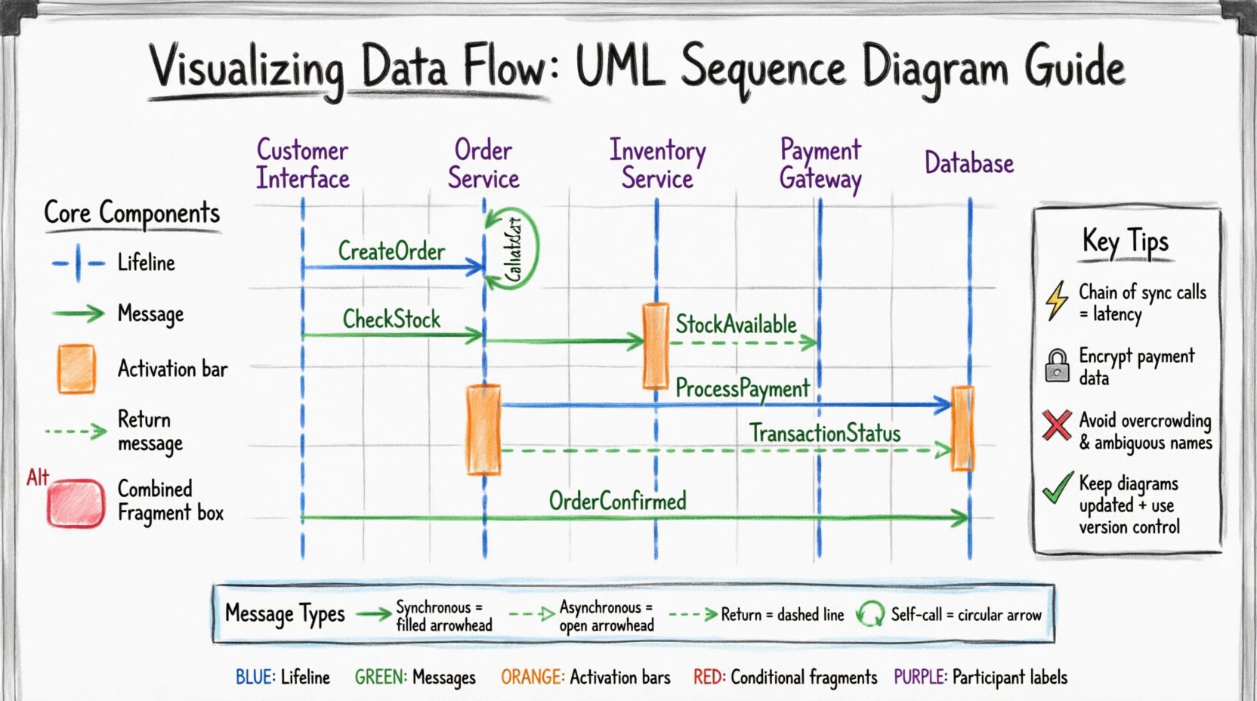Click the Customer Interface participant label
(302, 164)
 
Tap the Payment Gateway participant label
(820, 164)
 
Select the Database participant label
(969, 163)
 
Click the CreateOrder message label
(391, 251)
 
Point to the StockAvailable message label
(736, 325)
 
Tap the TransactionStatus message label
(824, 434)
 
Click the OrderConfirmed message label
(617, 501)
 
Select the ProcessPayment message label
(742, 388)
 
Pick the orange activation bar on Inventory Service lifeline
(655, 346)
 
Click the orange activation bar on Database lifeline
(962, 428)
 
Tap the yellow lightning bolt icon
(1057, 301)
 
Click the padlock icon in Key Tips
(1057, 365)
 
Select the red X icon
(1057, 425)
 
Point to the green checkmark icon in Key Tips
(1058, 488)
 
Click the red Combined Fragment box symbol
(76, 503)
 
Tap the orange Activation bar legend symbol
(76, 369)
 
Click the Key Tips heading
(1125, 242)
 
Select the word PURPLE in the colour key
(919, 677)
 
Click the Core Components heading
(131, 213)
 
